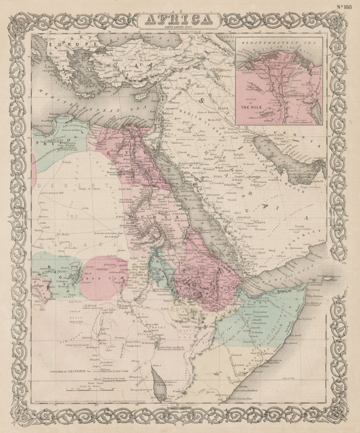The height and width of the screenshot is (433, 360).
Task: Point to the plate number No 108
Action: (x=344, y=7)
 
